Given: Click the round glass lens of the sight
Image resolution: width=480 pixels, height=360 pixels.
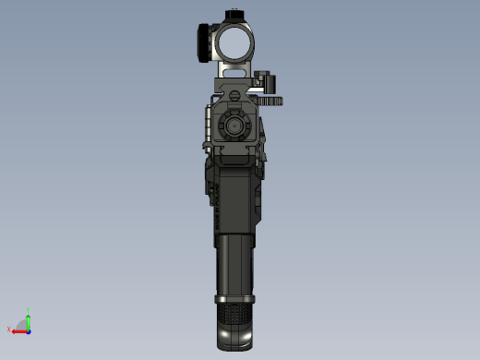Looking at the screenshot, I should tap(234, 42).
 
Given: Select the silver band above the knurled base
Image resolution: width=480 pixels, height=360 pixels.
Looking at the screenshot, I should tap(235, 299).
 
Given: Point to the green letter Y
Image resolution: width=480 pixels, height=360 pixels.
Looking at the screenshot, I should tap(29, 310).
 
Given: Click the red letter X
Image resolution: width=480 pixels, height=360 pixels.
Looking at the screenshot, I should tap(8, 329).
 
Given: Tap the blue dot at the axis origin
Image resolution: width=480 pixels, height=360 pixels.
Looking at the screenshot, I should tap(28, 329).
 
